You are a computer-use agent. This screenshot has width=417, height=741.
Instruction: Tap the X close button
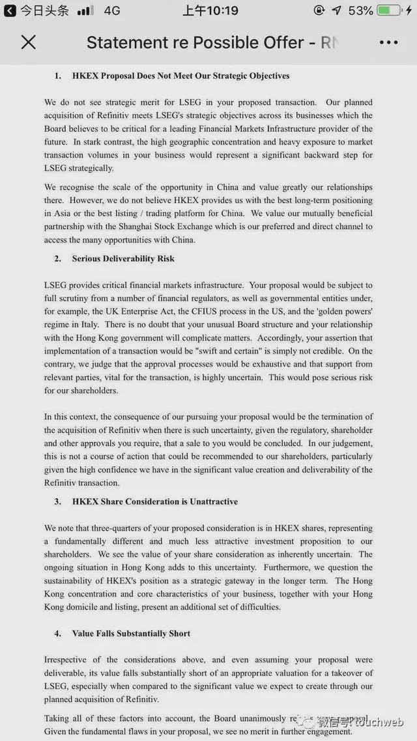[28, 42]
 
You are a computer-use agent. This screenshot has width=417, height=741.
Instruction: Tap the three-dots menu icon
[388, 42]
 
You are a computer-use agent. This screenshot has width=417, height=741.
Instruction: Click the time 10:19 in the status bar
[210, 10]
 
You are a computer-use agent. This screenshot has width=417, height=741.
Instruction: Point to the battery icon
[388, 10]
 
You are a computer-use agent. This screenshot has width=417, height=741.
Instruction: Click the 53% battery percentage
[360, 10]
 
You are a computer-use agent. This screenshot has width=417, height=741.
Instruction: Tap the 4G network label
[112, 10]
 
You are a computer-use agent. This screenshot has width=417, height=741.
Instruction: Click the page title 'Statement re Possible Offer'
[195, 42]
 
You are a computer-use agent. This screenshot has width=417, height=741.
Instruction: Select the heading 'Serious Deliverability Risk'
[123, 259]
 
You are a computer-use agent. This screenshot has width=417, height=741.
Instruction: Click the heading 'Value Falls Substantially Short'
[131, 633]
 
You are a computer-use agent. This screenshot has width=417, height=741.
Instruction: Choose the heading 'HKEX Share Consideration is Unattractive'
[154, 501]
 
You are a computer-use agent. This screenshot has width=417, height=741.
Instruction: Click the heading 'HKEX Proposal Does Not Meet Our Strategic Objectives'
[180, 76]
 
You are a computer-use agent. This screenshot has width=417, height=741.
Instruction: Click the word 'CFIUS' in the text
[257, 311]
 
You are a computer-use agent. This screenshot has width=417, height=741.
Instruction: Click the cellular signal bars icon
[85, 10]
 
